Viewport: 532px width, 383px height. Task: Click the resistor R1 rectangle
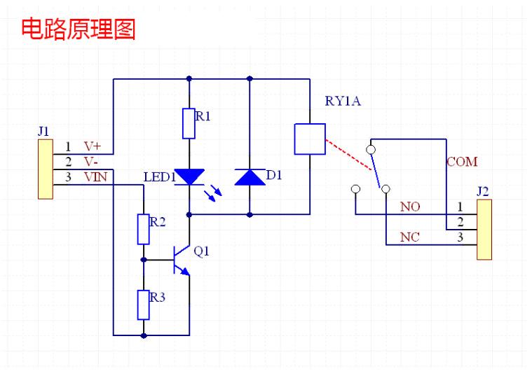coord(189,124)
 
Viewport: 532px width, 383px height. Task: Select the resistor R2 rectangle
coord(144,230)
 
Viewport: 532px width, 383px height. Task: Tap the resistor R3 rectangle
coord(144,305)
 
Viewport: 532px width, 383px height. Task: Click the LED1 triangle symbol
coord(189,177)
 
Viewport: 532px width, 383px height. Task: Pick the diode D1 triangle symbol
coord(250,177)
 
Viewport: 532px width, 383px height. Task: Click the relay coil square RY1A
coord(310,139)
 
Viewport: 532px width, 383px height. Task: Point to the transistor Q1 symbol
coord(181,260)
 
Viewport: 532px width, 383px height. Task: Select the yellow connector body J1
coord(46,169)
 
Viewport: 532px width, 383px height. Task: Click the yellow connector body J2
coord(484,230)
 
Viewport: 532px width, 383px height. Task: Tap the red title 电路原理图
coord(79,29)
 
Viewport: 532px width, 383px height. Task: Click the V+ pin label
coord(93,146)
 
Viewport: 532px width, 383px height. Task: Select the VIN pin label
coord(96,177)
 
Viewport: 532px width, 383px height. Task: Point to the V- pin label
coord(91,162)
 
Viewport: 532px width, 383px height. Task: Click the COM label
coord(462,162)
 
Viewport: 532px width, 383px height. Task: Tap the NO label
coord(410,207)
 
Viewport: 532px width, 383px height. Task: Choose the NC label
coord(410,237)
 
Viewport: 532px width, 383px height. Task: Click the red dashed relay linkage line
coord(348,154)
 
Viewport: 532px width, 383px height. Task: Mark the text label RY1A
coord(343,101)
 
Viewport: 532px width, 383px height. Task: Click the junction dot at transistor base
coord(144,260)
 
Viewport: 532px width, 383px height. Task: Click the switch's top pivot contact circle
coord(371,149)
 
